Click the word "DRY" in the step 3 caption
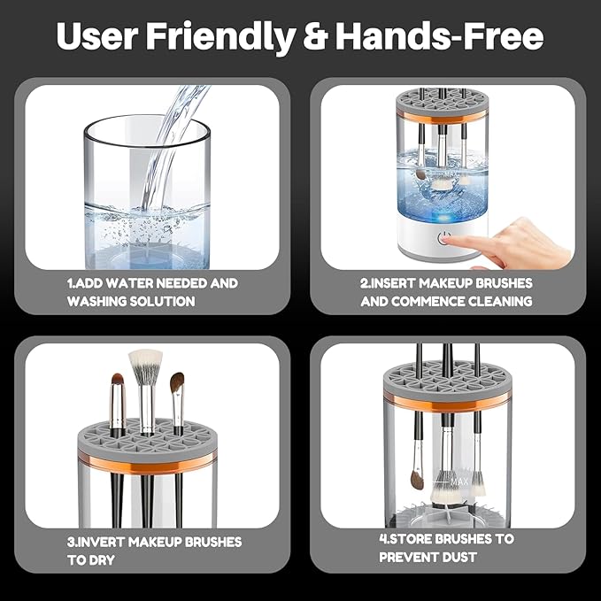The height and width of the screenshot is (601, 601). click(x=100, y=559)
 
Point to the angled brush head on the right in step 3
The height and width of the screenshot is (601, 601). click(x=177, y=382)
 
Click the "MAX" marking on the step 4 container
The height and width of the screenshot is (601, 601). click(x=458, y=482)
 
